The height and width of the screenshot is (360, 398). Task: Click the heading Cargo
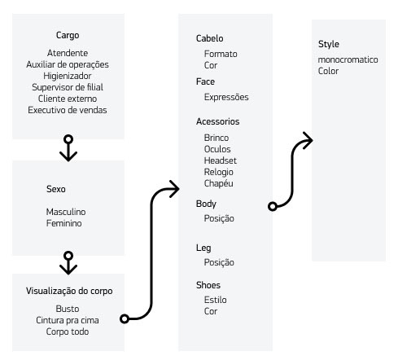tap(68, 35)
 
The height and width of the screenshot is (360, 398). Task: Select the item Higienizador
tap(68, 76)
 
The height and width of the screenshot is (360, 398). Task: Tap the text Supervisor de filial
tap(68, 87)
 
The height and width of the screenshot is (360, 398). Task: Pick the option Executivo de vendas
tap(68, 110)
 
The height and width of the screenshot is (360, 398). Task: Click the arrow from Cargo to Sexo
tap(68, 148)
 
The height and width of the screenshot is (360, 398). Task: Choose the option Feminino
tap(63, 223)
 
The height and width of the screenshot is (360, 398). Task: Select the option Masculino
tap(66, 212)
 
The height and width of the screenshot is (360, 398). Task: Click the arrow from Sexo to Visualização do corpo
tap(68, 263)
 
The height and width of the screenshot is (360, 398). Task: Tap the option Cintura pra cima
tap(68, 320)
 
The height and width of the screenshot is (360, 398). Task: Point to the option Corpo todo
tap(68, 331)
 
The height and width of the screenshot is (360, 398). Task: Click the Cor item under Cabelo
tap(211, 65)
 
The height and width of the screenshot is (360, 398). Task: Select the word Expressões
tap(226, 97)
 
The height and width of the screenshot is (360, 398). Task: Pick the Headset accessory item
tap(221, 160)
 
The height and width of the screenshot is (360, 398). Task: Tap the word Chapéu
tap(218, 183)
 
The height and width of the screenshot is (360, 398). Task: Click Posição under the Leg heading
tap(219, 262)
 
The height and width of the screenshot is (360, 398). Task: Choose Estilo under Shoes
tap(216, 300)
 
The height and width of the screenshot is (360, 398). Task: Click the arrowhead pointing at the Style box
tap(308, 140)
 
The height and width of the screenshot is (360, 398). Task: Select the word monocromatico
tap(348, 59)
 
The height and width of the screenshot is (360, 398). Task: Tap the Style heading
tap(329, 44)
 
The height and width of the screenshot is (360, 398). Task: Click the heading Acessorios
tap(217, 121)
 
